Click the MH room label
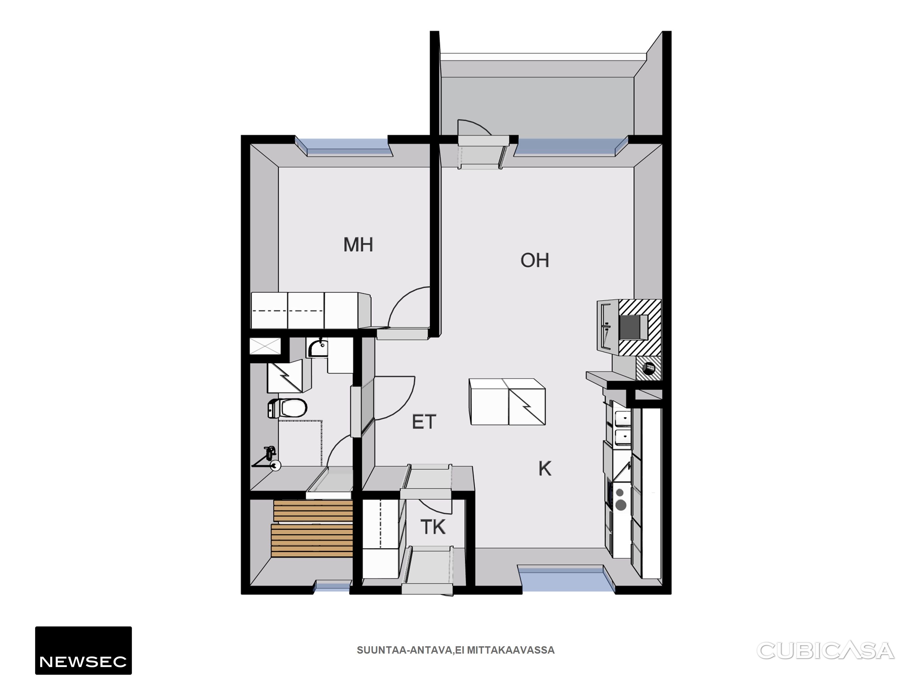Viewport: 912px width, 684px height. click(358, 244)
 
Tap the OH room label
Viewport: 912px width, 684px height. click(535, 260)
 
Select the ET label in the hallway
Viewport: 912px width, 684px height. click(424, 422)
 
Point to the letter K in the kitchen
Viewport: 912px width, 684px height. click(545, 469)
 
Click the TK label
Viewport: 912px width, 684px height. click(433, 527)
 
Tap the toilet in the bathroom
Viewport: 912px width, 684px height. click(287, 408)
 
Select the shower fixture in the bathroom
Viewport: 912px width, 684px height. click(267, 459)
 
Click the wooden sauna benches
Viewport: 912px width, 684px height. click(312, 528)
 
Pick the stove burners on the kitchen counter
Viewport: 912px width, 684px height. click(620, 499)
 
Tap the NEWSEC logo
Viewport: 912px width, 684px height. click(83, 651)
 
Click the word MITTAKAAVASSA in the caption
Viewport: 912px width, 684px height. click(511, 650)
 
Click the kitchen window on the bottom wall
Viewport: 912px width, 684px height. click(566, 580)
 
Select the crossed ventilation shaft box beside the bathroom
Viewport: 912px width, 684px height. click(266, 346)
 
